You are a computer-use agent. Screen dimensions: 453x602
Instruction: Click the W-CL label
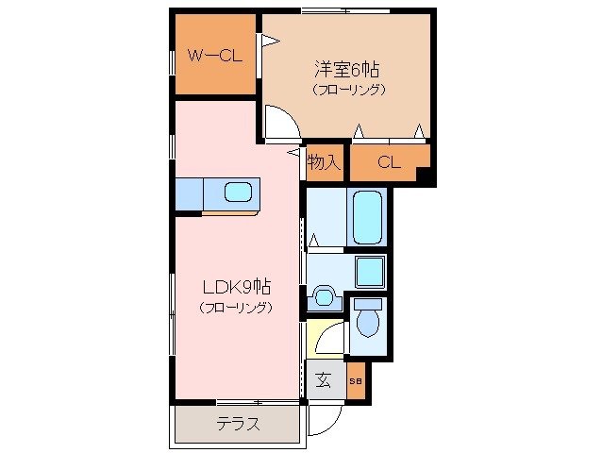point(214,56)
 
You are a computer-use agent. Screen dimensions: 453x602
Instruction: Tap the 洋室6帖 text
point(348,69)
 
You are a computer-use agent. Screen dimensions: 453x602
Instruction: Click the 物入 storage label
point(324,162)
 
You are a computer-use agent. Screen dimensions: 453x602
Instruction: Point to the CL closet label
point(389,162)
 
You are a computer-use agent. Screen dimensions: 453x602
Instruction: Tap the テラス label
point(237,424)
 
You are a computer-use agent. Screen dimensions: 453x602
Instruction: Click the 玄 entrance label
point(324,380)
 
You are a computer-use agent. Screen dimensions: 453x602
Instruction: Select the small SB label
point(355,381)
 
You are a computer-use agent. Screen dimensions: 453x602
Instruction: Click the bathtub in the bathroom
point(365,218)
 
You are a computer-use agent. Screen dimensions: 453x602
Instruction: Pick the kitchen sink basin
point(238,194)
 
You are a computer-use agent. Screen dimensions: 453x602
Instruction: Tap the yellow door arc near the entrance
point(328,337)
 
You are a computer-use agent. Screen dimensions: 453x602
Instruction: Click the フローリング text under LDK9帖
point(236,309)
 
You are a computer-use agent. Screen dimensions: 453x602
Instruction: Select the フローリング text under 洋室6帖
point(348,90)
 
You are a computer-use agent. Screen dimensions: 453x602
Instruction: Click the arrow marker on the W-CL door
point(270,42)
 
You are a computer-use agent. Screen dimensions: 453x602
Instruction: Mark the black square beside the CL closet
point(424,176)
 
